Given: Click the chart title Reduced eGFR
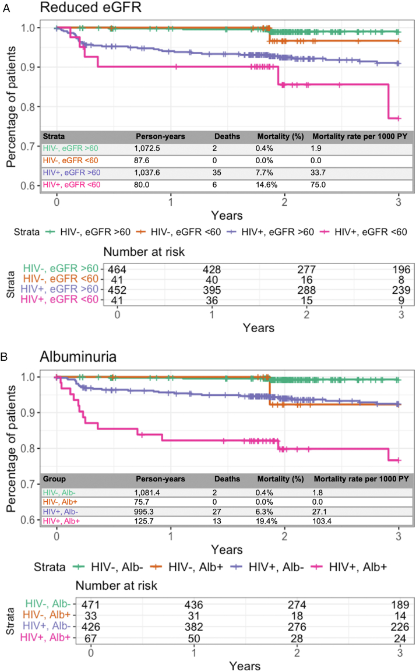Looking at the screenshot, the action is coord(91,8).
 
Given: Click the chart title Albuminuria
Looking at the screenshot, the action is coord(78,357).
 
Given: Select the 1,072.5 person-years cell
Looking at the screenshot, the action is coord(147,148).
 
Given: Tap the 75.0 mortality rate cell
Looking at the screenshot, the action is coord(318,185).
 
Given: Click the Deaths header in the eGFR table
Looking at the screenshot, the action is coord(227,136).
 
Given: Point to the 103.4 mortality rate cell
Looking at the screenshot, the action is coord(322,521).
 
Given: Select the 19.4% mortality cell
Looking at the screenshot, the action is coord(266,521).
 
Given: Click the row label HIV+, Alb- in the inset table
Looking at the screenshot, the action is coord(61,512).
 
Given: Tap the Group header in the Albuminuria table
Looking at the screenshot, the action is coord(54,479).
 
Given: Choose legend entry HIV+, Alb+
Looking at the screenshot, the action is coord(351,567).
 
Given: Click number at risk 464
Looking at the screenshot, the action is coord(117,270).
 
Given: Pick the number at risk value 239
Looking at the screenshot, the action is coord(401,290).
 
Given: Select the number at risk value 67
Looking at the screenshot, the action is coord(91,639).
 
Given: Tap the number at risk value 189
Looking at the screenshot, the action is coord(400,605).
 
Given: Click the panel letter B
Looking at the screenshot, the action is coord(4,357).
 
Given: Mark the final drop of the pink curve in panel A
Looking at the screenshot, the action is coord(388,101).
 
